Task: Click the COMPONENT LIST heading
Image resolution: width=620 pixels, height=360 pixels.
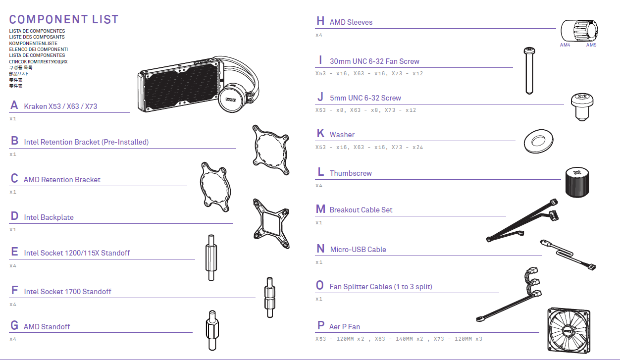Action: (64, 19)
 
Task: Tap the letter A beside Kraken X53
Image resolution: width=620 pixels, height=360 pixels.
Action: (14, 105)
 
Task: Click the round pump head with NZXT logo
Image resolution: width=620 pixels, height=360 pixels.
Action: (232, 98)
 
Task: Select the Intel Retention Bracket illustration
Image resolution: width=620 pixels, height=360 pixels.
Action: (271, 150)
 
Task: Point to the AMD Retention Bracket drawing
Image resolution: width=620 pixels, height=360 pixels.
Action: (215, 187)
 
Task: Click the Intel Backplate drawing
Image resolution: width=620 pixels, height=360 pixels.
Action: (271, 224)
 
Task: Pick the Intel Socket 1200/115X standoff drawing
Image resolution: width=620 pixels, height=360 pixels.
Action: (211, 257)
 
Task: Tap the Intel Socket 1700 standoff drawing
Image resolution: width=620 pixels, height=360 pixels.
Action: (270, 298)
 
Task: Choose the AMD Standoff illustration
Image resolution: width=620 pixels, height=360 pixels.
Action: (212, 330)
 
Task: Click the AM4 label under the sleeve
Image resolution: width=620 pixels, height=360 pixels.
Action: (565, 45)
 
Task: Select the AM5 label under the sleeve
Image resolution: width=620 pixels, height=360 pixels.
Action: (591, 45)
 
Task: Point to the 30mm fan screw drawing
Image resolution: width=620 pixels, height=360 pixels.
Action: (529, 71)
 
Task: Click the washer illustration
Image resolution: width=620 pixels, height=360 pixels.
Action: (539, 141)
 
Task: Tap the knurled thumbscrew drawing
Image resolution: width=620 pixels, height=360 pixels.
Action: (577, 182)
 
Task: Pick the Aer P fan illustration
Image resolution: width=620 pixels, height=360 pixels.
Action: (569, 330)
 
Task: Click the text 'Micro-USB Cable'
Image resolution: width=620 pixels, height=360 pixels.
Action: (358, 249)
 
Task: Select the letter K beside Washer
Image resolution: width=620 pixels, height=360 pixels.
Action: (320, 133)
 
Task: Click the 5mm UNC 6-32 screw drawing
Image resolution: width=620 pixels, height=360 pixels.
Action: (582, 107)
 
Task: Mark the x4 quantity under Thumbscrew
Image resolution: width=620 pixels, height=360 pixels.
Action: (319, 185)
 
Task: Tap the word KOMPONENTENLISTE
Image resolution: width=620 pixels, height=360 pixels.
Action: (33, 43)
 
